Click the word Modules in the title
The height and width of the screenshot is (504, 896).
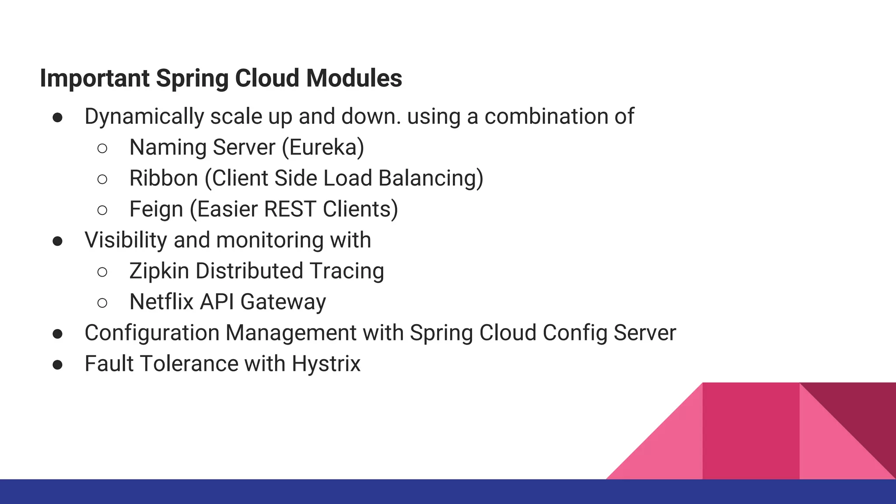tap(353, 78)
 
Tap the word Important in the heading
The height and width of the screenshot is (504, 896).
tap(94, 78)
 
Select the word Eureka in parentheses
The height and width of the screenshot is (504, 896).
tap(323, 147)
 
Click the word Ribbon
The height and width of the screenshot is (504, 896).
tap(164, 178)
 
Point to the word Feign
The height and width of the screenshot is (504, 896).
tap(156, 210)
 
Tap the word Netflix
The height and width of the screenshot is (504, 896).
tap(161, 302)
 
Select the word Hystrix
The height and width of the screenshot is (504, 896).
tap(326, 364)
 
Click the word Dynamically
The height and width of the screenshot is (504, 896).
tap(144, 117)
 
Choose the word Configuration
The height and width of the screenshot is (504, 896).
tap(152, 333)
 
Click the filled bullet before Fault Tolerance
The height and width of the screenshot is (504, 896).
tap(57, 365)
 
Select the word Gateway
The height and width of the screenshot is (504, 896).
tap(283, 302)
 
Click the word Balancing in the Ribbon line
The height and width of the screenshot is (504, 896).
tap(430, 178)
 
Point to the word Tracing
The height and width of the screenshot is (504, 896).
tap(347, 271)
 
